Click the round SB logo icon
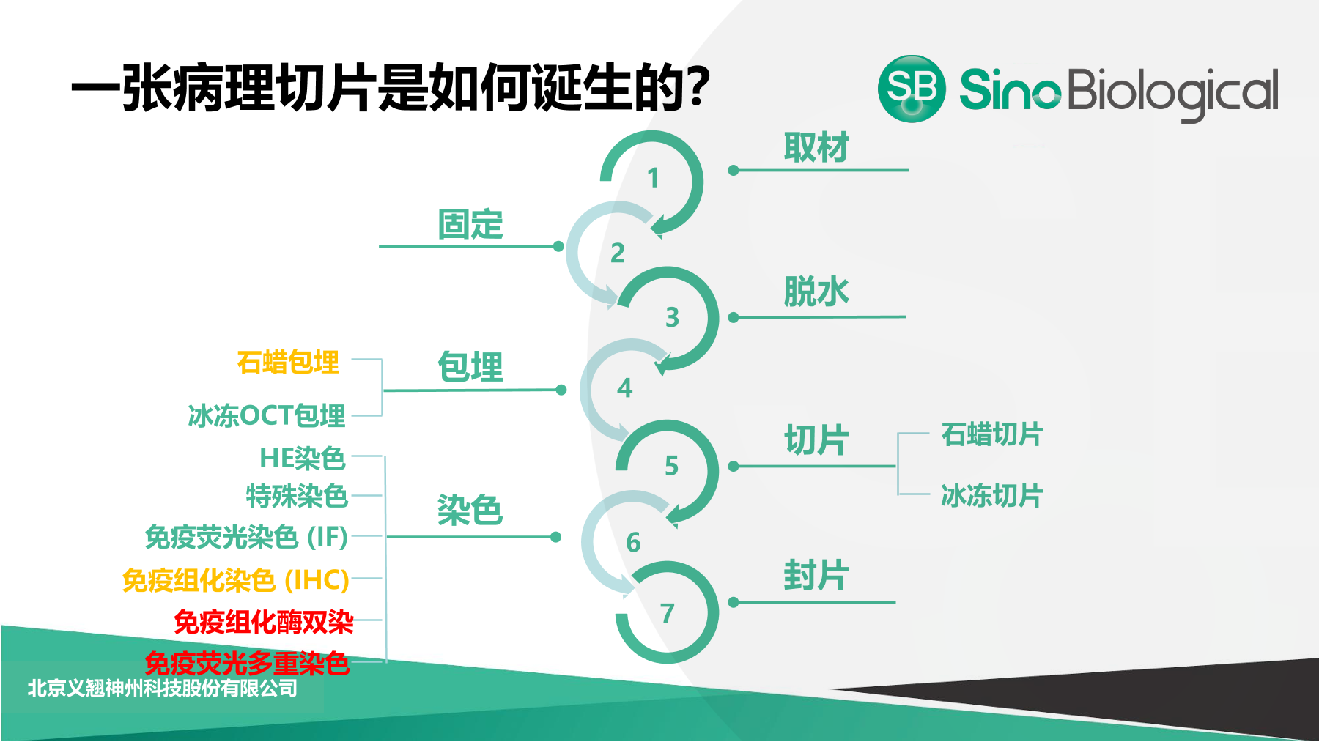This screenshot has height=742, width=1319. (912, 89)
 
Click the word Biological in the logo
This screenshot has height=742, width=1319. (1172, 93)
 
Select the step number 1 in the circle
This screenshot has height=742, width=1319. (653, 178)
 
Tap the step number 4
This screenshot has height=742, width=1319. (624, 387)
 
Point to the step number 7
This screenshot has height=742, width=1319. (667, 613)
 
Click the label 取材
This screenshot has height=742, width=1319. (816, 147)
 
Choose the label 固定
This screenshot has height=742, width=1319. (470, 224)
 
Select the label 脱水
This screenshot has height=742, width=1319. (816, 292)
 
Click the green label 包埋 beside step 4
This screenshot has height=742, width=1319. (470, 367)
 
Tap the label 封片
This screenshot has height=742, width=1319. (816, 575)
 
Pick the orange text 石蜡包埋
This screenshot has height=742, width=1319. (289, 362)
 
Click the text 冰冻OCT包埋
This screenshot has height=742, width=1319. (267, 415)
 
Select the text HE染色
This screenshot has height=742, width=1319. (303, 458)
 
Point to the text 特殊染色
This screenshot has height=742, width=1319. (297, 496)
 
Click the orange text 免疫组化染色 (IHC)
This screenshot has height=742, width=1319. (236, 580)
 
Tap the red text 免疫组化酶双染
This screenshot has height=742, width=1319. (264, 622)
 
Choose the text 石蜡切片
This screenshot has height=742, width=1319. (992, 434)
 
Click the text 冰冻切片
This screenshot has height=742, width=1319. (992, 496)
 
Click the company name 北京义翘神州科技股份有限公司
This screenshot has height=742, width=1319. (163, 688)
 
